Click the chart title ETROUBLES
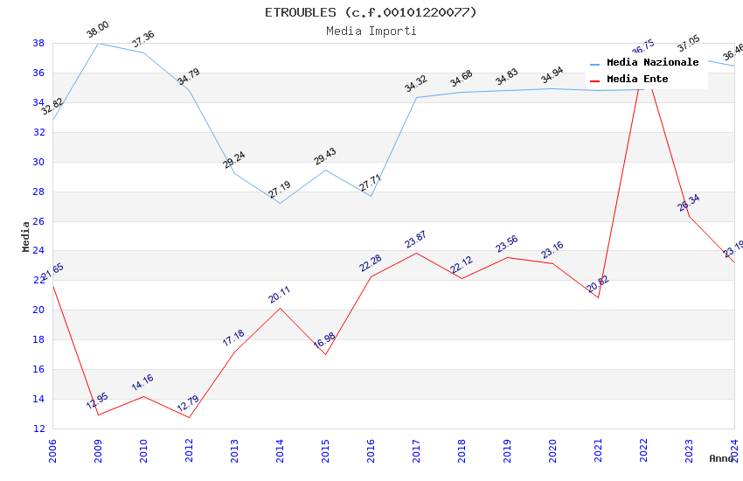(x=371, y=12)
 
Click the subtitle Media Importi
(x=371, y=31)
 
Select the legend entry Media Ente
(x=637, y=80)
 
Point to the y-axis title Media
(x=25, y=236)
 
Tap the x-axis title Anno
(x=721, y=458)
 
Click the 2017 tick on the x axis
(x=416, y=449)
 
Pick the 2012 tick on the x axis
(x=189, y=449)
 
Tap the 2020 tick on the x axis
(x=552, y=449)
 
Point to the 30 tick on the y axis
(x=39, y=162)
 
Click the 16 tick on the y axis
(x=39, y=369)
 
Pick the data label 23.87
(x=415, y=240)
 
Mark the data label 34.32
(x=415, y=84)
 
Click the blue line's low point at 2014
(x=280, y=204)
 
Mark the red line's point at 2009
(x=98, y=415)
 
